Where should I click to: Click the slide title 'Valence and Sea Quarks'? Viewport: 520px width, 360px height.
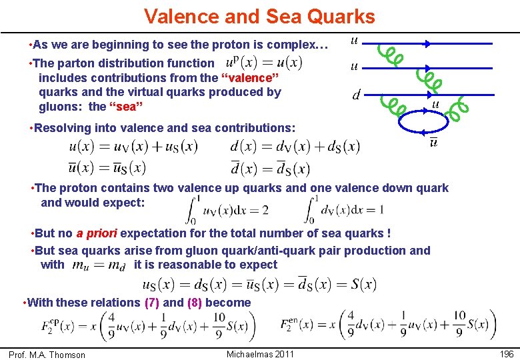click(x=259, y=16)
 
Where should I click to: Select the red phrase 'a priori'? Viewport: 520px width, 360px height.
click(x=97, y=233)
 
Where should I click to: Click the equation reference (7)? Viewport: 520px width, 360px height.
click(x=151, y=303)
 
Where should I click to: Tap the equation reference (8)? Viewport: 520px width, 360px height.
click(x=195, y=303)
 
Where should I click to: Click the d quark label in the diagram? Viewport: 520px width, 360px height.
click(x=356, y=95)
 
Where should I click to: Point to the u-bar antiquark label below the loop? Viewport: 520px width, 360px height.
click(x=434, y=143)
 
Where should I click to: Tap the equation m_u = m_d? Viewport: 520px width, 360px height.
click(x=99, y=265)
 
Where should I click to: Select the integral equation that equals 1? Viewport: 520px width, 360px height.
click(x=346, y=210)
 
